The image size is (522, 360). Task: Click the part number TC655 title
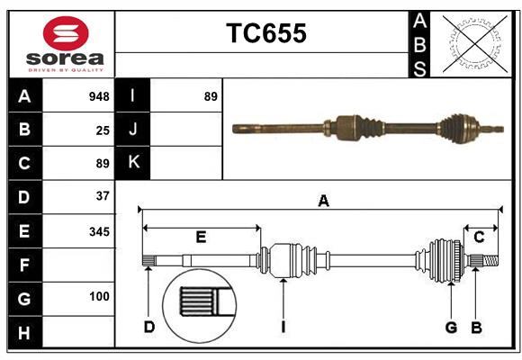pos(265,33)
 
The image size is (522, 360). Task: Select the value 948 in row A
pos(99,96)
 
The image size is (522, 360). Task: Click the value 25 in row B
pos(103,130)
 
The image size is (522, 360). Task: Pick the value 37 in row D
pos(103,195)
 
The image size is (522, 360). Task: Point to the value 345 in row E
pos(99,231)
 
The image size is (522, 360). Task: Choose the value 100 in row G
pos(99,296)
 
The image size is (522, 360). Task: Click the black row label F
pos(24,265)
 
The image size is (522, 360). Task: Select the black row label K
pos(133,163)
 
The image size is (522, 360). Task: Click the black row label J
pos(133,130)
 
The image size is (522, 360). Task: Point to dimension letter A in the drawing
pos(322,201)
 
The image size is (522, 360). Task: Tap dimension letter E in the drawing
pos(201,238)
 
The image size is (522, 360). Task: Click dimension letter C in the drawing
pos(480,237)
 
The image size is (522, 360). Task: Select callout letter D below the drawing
pos(148,327)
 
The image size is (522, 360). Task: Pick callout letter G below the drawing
pos(451,327)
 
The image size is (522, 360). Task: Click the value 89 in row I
pos(211,96)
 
